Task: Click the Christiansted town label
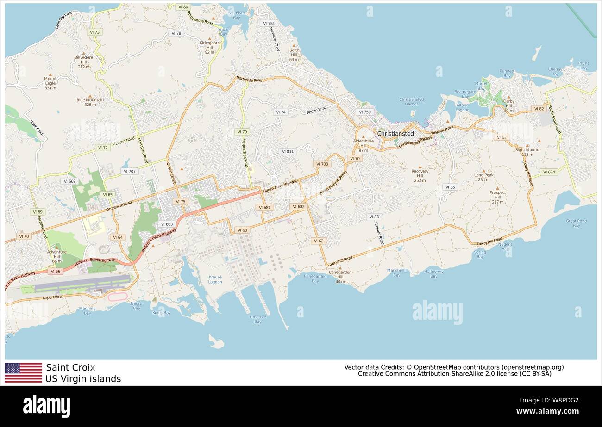pyautogui.click(x=395, y=134)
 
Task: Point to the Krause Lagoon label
pyautogui.click(x=215, y=279)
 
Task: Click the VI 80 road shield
pyautogui.click(x=183, y=7)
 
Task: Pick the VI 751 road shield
pyautogui.click(x=268, y=23)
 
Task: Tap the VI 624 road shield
pyautogui.click(x=548, y=172)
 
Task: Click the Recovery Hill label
pyautogui.click(x=420, y=174)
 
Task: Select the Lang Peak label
pyautogui.click(x=483, y=177)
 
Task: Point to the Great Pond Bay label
pyautogui.click(x=576, y=223)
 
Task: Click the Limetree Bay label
pyautogui.click(x=258, y=319)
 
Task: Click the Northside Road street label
pyautogui.click(x=249, y=79)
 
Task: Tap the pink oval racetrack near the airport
pyautogui.click(x=118, y=297)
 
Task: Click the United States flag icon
pyautogui.click(x=23, y=373)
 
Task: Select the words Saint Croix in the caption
pyautogui.click(x=70, y=368)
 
